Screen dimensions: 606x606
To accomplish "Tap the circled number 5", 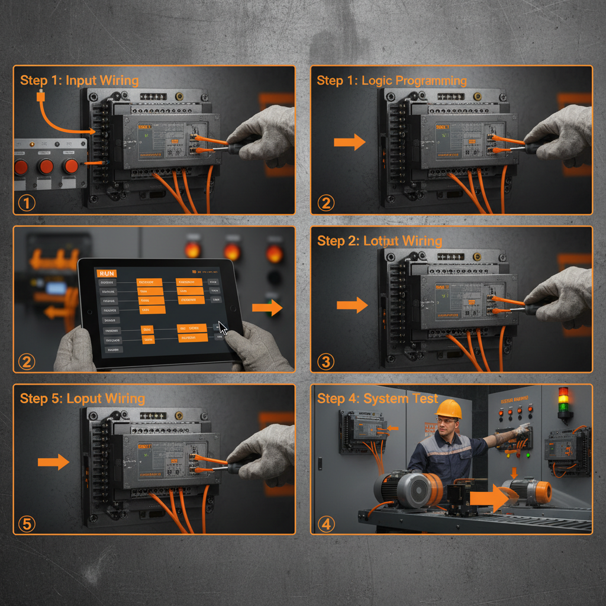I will (27, 523).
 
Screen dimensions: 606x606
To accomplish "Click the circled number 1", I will (27, 203).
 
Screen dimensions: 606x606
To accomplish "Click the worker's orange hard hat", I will (448, 409).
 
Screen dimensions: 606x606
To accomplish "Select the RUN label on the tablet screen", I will (107, 273).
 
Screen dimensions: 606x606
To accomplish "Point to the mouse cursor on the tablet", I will (223, 328).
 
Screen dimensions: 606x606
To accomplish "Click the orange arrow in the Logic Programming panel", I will (349, 142).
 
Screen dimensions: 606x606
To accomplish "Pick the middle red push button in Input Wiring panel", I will (46, 166).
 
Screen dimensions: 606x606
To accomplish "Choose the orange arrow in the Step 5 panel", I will (53, 462).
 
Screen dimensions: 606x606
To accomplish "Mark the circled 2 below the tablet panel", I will (27, 361).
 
